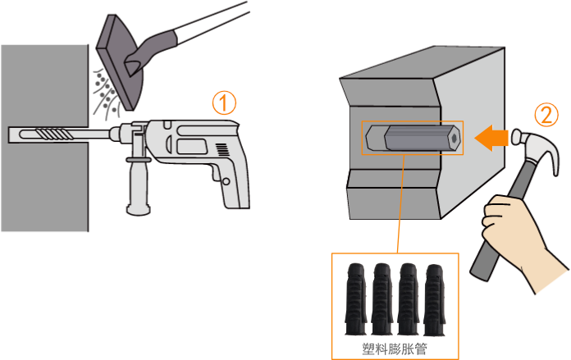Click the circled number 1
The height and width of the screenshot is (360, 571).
point(224,103)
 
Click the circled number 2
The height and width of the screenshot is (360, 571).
point(546,115)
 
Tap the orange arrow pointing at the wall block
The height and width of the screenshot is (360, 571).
point(491,138)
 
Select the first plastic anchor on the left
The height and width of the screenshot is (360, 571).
point(355,299)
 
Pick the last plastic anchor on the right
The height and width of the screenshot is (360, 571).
point(435,300)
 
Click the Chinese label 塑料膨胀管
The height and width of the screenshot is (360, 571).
point(395,349)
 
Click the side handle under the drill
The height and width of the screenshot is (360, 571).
point(139,185)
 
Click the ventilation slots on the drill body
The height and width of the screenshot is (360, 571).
point(222,149)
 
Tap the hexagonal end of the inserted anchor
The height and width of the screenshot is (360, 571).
point(454,138)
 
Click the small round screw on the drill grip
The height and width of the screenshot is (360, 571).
point(226,181)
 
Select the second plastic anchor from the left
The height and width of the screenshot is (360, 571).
point(382,298)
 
